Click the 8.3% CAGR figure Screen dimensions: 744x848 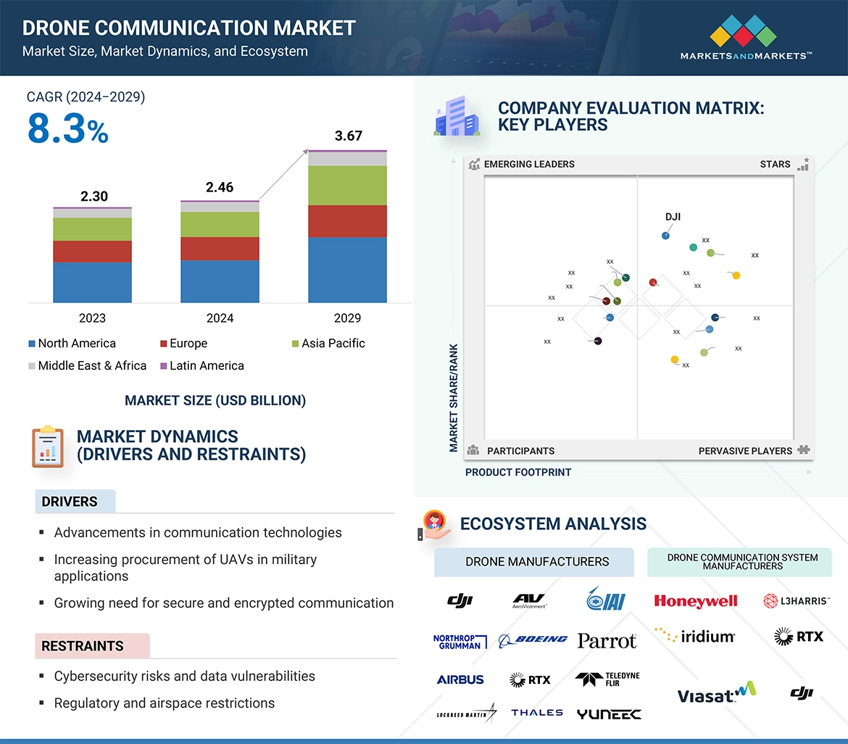point(67,129)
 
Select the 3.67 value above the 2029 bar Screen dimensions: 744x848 point(348,136)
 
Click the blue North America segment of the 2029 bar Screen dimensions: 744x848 point(347,269)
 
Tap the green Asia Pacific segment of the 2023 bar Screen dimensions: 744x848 point(92,229)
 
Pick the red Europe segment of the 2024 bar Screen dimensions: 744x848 point(220,248)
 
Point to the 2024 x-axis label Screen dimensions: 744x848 point(220,318)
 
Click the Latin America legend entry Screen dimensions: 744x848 point(206,365)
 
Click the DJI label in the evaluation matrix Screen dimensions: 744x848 point(673,217)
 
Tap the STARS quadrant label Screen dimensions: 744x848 point(775,164)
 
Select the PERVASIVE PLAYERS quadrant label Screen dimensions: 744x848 point(745,451)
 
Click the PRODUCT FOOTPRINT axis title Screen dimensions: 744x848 point(518,472)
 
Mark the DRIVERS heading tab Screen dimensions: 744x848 point(70,502)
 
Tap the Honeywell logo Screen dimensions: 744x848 point(695,601)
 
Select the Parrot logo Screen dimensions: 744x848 point(607,640)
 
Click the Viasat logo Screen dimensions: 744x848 point(715,694)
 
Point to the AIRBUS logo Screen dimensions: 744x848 point(460,680)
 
